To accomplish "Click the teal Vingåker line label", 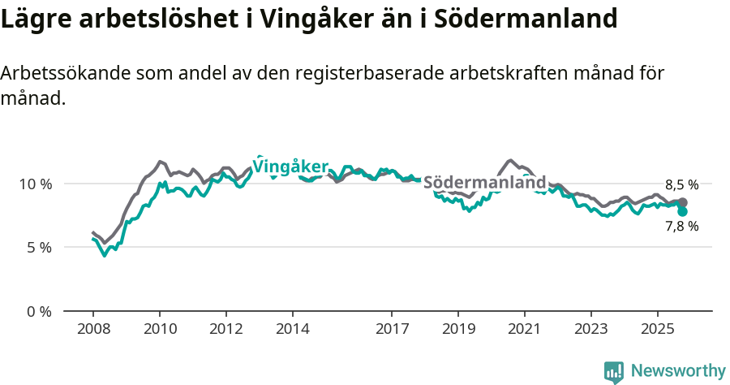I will [x=290, y=167].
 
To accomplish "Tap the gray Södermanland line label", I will [x=484, y=183].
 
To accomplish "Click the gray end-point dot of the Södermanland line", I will [x=682, y=202].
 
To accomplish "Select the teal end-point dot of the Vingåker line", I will [x=683, y=211].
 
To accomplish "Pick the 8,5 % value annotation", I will [x=681, y=184].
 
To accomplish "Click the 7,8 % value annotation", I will [x=681, y=227].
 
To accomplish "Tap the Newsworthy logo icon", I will [x=614, y=371].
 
